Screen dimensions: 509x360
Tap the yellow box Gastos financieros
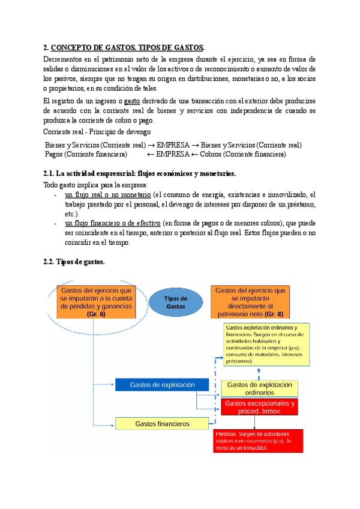(162, 424)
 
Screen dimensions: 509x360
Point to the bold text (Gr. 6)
(95, 315)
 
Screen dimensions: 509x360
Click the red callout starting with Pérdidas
(258, 441)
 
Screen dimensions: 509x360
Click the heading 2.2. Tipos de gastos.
(74, 262)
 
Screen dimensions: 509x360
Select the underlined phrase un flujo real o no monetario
(107, 195)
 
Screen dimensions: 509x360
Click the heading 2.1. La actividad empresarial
(140, 174)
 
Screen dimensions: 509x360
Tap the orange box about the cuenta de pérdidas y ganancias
(96, 302)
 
